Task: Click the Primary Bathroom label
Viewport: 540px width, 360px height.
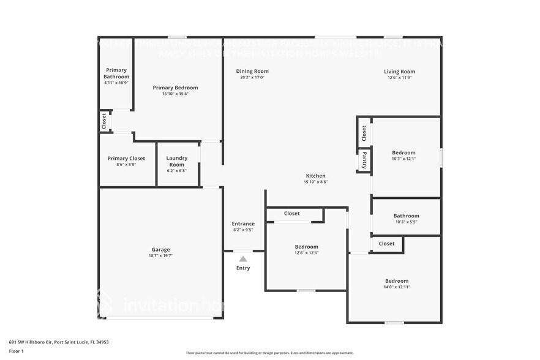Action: coord(116,73)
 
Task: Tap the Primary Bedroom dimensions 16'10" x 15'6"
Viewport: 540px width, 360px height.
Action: coord(175,94)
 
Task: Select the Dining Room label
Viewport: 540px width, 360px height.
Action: coord(252,72)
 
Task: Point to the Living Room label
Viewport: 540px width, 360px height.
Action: coord(399,72)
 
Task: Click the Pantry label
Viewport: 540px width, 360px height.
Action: coord(364,160)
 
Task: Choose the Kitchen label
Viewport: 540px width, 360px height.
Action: coord(316,176)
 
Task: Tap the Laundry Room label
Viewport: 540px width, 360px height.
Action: coord(176,161)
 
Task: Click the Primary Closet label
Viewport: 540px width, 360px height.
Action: coord(126,159)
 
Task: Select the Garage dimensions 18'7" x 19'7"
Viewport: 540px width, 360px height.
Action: coord(160,256)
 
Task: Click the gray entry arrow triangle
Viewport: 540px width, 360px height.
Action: coord(243,259)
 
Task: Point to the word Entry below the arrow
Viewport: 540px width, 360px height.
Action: coord(243,268)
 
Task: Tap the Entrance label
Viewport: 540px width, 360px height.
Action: coord(243,223)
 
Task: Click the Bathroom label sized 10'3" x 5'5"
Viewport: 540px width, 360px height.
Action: coord(406,216)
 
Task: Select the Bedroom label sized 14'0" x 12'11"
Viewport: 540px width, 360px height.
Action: coord(396,281)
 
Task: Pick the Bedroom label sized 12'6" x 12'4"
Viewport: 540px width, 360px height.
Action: coord(306,247)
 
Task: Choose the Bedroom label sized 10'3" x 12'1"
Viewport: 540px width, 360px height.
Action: coord(403,152)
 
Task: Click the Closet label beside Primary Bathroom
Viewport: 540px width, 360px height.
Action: coord(105,121)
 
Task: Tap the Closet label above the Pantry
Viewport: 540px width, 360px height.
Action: coord(364,132)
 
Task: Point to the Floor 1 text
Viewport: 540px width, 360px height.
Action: coord(16,351)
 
